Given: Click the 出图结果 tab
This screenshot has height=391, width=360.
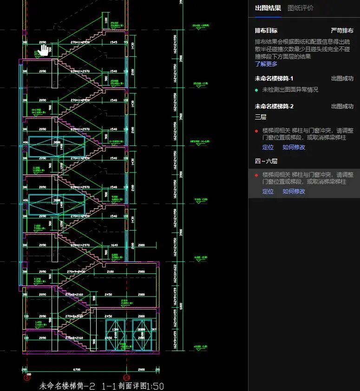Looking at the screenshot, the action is [268, 8].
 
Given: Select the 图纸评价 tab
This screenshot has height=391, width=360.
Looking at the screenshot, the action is [301, 8].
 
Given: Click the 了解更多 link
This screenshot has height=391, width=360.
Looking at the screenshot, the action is [266, 64].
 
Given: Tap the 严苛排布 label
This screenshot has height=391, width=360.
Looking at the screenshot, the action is [342, 31].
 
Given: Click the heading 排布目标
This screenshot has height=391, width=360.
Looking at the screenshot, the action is [266, 31].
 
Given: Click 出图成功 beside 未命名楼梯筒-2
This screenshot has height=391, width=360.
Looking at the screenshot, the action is [342, 106].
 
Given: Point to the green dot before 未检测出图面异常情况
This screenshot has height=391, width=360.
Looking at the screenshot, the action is [256, 90].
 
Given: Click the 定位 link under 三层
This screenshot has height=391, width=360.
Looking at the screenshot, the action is [268, 147].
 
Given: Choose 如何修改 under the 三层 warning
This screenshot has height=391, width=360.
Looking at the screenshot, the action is [294, 147].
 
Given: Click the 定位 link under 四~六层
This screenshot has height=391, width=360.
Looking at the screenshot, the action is [268, 192].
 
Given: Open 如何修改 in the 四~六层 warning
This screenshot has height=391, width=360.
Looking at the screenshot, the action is [294, 192].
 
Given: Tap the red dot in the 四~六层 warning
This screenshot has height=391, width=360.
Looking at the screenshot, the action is [256, 175].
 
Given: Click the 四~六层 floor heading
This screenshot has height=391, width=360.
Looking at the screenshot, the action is [266, 161].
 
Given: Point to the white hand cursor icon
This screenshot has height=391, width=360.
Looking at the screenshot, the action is [44, 50].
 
